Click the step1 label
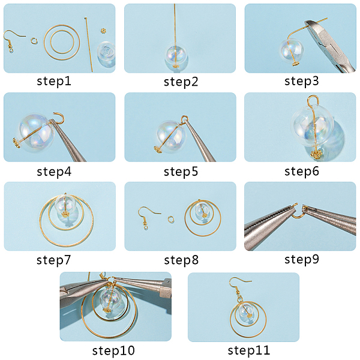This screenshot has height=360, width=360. click(54, 81)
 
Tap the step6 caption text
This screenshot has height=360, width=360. click(302, 171)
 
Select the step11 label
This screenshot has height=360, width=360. click(248, 350)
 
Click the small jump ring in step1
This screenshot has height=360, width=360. click(34, 41)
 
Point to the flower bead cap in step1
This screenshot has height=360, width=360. click(104, 31)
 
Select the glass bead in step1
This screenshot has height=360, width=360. click(106, 55)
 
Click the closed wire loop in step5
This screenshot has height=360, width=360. click(185, 119)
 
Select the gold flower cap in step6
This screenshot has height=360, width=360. click(317, 154)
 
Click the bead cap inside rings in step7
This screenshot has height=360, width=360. click(65, 215)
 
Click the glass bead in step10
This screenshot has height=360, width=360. click(110, 299)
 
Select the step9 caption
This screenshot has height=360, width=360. click(302, 259)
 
